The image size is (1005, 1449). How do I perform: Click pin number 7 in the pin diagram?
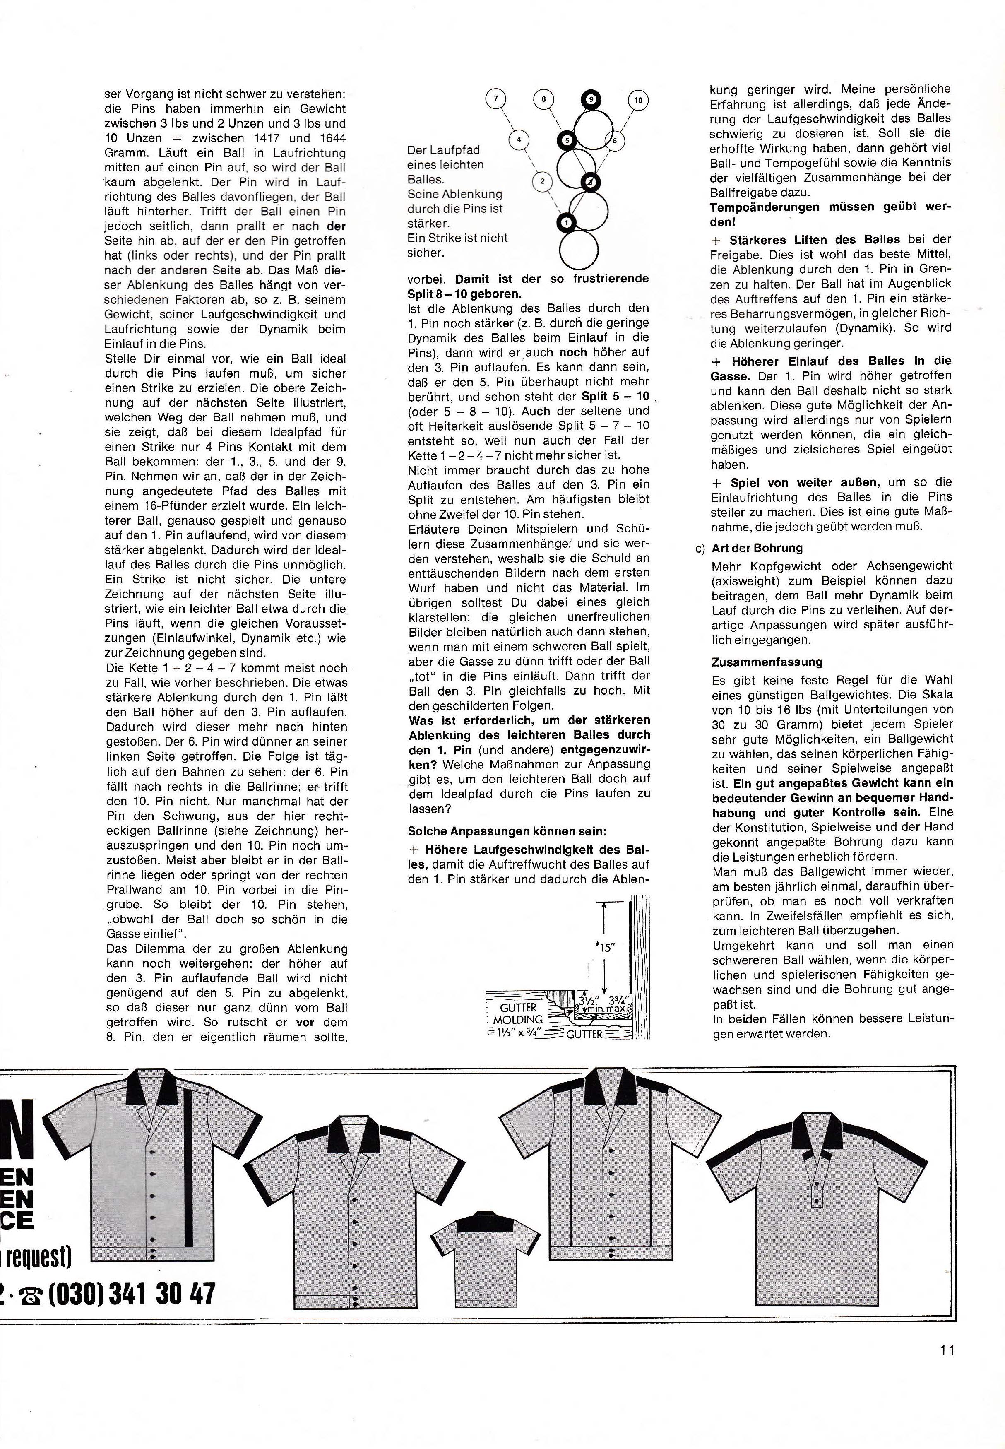pyautogui.click(x=496, y=99)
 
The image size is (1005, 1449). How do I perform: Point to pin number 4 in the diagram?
pyautogui.click(x=518, y=140)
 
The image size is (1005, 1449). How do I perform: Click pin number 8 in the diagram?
pyautogui.click(x=543, y=99)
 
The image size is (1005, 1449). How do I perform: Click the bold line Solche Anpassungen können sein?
pyautogui.click(x=507, y=832)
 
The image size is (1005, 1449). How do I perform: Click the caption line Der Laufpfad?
pyautogui.click(x=443, y=150)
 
